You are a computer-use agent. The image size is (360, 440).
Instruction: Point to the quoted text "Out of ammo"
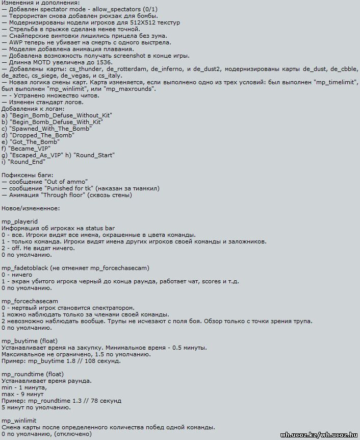[x=66, y=182]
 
